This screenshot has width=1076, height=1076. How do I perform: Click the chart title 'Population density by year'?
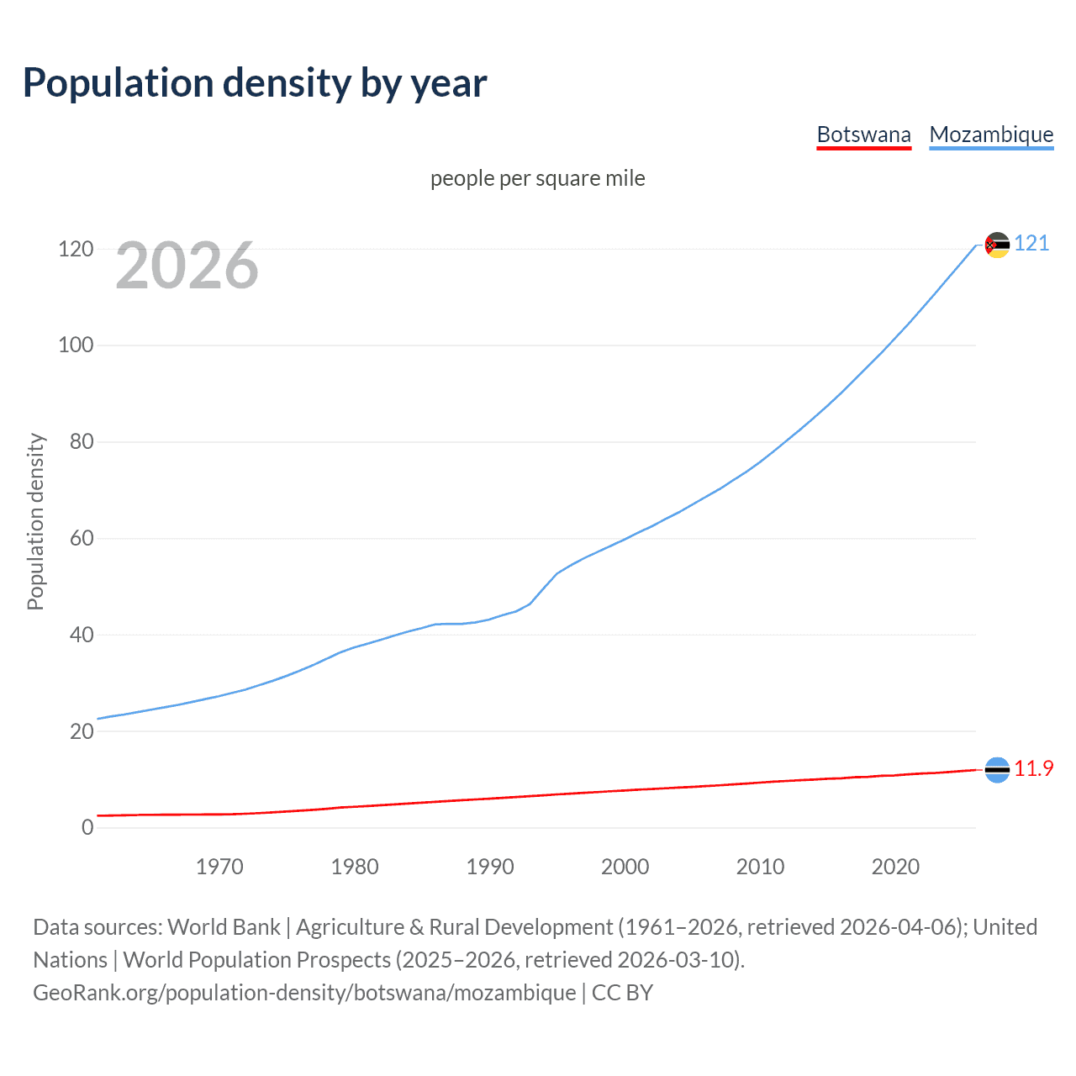pos(255,83)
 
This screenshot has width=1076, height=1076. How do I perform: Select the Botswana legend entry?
pos(863,135)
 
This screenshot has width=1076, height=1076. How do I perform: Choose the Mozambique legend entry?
pos(991,135)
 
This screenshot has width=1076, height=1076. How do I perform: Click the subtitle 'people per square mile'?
pos(537,178)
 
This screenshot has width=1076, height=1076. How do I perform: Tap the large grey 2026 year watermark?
pos(187,266)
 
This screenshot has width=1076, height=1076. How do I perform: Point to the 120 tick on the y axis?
pos(76,249)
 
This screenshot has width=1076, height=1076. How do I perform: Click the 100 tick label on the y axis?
pos(76,345)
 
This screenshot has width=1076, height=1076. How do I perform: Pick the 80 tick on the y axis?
pos(82,441)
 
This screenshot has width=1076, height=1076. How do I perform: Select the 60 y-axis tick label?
pos(82,538)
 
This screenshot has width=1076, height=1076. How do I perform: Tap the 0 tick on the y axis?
pos(87,827)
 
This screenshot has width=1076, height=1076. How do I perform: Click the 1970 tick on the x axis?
pos(219,867)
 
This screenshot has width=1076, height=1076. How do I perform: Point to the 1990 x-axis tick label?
pos(490,867)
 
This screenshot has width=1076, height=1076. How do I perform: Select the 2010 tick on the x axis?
pos(760,867)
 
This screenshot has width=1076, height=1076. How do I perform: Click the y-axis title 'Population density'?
pos(35,521)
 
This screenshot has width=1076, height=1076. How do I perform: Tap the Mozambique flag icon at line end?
pos(997,245)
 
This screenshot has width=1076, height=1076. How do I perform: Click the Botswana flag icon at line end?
pos(997,769)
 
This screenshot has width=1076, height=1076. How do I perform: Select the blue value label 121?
pos(1031,244)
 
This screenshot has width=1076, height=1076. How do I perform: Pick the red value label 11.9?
pos(1033,769)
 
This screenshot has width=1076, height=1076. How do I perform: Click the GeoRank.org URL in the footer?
pos(304,993)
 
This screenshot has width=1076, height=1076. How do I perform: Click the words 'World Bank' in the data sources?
pos(224,927)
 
